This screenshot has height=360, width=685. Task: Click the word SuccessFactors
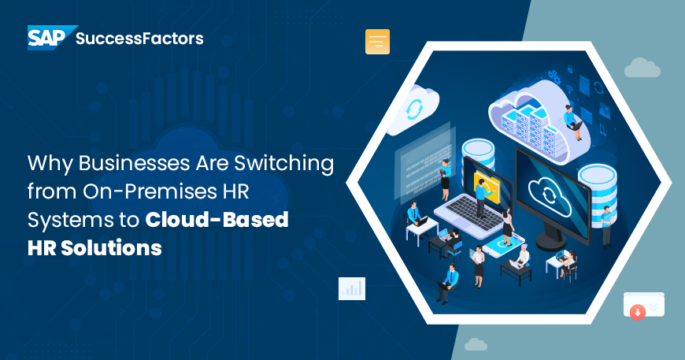139,38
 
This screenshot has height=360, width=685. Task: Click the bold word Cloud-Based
217,221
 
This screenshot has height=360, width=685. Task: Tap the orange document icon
377,42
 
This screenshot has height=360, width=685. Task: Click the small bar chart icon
351,288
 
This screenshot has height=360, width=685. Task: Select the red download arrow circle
638,313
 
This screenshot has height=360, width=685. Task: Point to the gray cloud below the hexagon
476,344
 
